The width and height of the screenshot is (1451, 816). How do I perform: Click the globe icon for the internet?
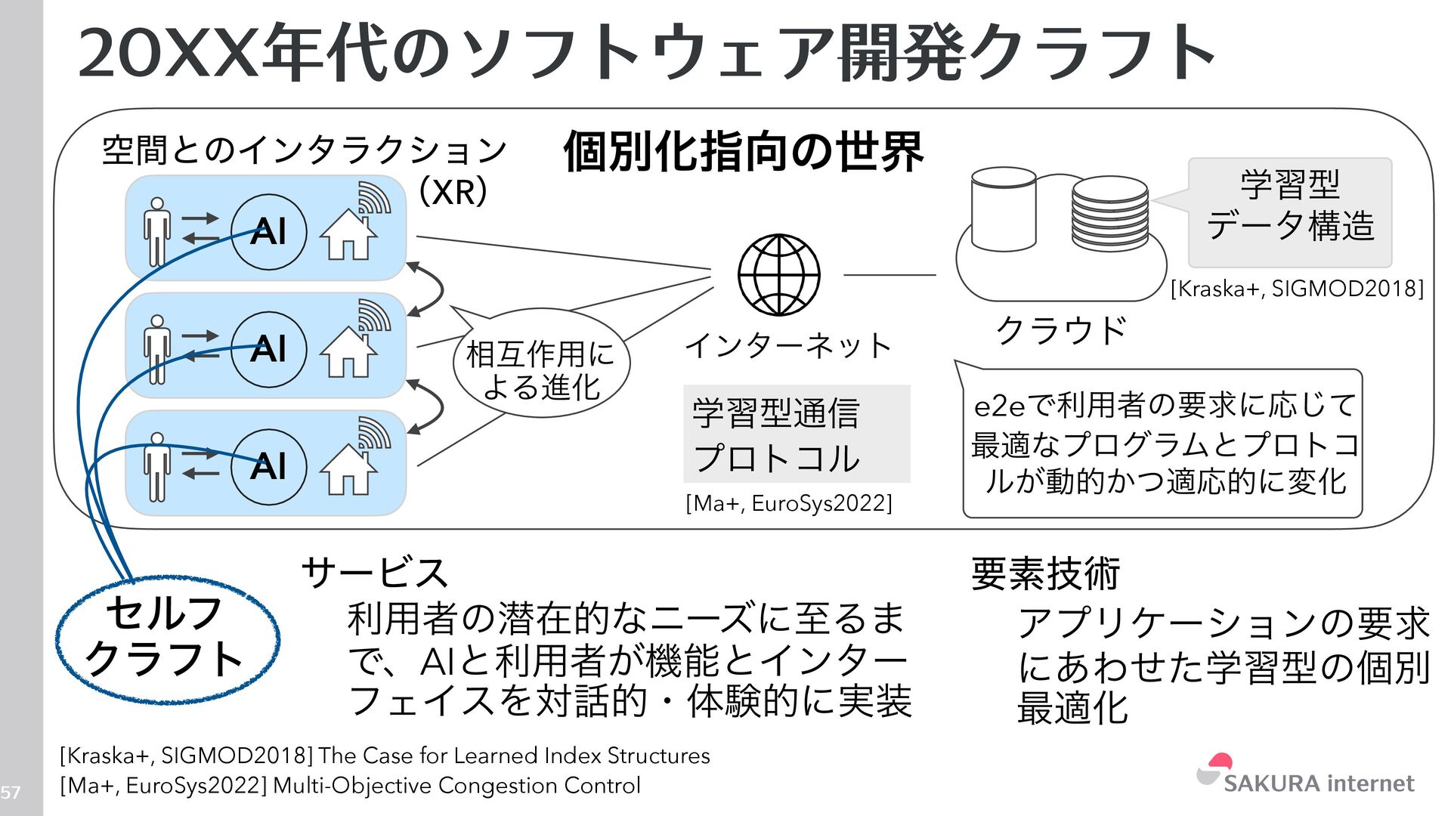778,275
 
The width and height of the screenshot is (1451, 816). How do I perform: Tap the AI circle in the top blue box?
268,231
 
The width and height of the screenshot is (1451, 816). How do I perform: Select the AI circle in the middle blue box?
268,349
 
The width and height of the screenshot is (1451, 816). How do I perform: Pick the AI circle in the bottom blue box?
268,466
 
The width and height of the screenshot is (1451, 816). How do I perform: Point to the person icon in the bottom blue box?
157,467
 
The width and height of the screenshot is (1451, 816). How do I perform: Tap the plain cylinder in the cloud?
1003,209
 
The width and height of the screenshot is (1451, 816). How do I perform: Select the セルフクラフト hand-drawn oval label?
167,639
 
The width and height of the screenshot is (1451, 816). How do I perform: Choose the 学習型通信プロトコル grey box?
796,434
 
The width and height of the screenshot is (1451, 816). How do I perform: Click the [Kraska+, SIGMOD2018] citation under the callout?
1297,289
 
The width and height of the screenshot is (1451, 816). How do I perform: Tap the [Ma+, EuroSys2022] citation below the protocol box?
788,503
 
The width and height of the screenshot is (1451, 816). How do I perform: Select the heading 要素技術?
1045,573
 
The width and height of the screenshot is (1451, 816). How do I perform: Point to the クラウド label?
1061,330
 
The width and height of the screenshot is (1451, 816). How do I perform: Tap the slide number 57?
11,793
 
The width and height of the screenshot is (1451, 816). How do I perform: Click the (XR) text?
453,192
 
